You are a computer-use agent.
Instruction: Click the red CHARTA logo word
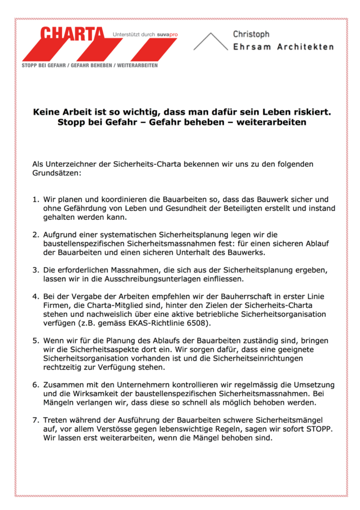[72, 34]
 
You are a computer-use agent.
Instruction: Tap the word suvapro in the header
[167, 35]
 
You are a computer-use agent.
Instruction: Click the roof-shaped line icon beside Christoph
[211, 41]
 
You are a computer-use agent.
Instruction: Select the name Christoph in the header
[251, 34]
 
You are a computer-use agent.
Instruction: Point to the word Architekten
[306, 47]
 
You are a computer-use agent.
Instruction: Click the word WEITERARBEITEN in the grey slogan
[137, 65]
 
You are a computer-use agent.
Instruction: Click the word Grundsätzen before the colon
[56, 173]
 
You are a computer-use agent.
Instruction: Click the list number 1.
[35, 200]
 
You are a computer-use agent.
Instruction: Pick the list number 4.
[35, 297]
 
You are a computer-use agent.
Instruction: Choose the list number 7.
[35, 420]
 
